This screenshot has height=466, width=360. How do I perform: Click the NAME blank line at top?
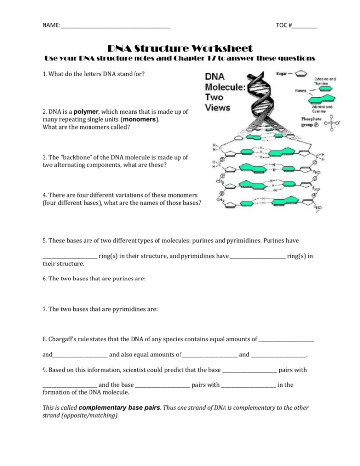[115, 27]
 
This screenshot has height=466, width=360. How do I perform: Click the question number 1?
[44, 74]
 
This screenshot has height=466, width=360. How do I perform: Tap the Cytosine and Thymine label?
[325, 81]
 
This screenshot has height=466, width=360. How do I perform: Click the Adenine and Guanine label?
[322, 109]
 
